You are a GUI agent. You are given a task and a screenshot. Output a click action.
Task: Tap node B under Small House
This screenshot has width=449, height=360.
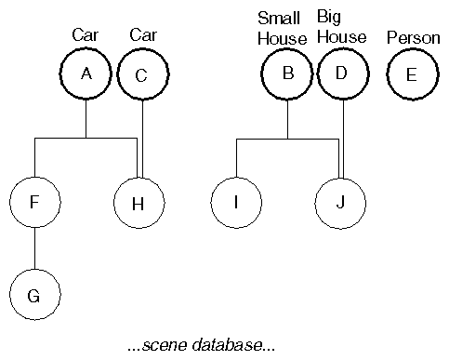pos(287,73)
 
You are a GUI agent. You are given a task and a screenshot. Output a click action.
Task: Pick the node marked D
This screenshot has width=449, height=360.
pos(342,73)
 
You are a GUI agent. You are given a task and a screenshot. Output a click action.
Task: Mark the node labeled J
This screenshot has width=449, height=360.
pos(340,203)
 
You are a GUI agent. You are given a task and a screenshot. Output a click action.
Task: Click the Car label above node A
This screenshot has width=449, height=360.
pos(86,34)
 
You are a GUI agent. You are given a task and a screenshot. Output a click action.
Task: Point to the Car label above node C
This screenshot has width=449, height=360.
pos(142,34)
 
